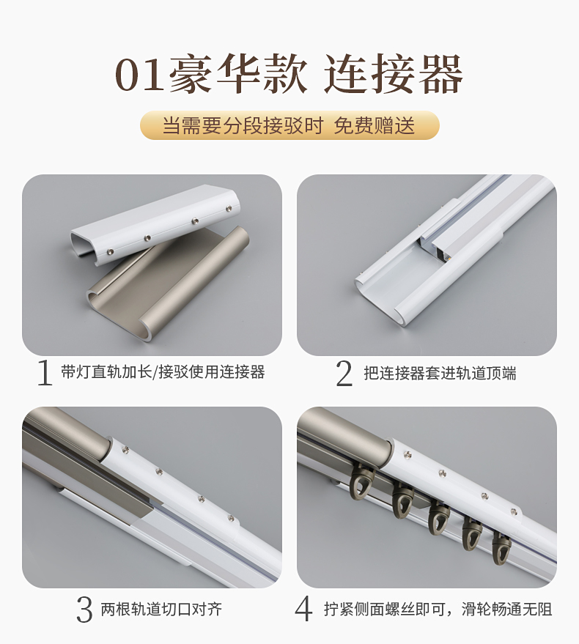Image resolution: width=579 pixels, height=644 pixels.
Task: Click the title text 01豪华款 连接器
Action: (289, 76)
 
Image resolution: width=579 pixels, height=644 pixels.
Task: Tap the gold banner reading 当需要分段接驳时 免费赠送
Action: (289, 125)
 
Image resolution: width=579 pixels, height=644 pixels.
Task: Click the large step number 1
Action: (45, 373)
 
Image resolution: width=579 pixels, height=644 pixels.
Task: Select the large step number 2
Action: (344, 373)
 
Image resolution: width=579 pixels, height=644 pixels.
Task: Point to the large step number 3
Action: (85, 609)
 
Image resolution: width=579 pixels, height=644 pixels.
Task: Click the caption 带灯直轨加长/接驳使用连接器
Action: (162, 372)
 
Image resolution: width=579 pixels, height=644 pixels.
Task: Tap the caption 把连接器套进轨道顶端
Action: (440, 373)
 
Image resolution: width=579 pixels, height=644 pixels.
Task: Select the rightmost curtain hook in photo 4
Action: (502, 547)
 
